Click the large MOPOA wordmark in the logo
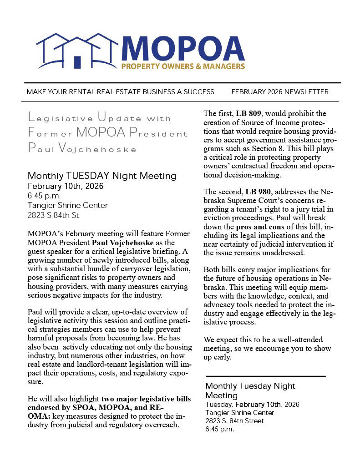183,49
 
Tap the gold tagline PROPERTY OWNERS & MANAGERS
183,66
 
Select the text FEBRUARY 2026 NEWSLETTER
279,92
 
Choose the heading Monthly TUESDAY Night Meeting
101,176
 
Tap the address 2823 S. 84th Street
235,421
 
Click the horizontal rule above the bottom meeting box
266,376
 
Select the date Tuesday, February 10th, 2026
252,405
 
